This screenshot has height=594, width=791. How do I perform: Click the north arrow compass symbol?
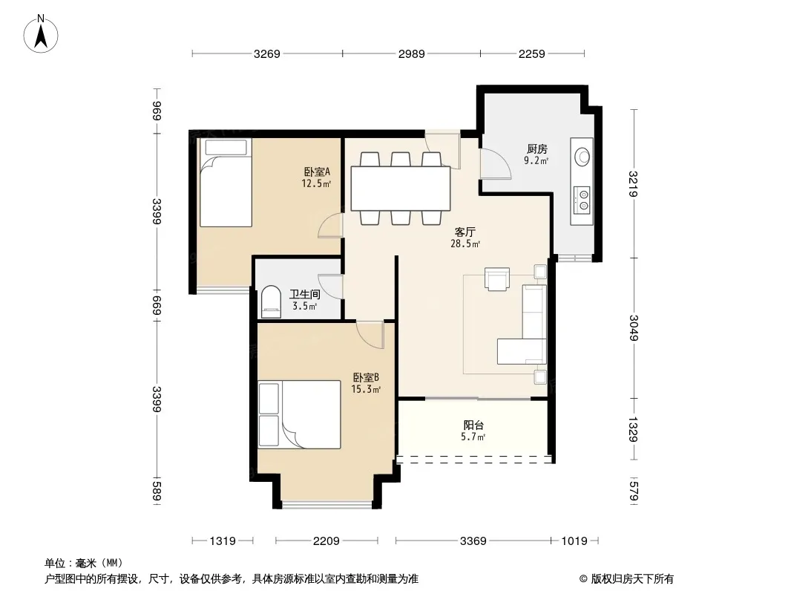(41, 33)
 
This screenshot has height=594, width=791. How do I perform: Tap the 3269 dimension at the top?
(267, 53)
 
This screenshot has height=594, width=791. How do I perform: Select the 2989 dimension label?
(412, 53)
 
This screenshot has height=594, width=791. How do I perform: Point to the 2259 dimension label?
(532, 53)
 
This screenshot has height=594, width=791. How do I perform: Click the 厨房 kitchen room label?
(536, 149)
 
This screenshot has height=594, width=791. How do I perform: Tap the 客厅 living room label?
(465, 232)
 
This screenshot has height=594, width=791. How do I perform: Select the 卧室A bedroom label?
(317, 172)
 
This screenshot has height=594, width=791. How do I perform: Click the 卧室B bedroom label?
(366, 377)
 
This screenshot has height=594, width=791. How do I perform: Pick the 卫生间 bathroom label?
(305, 294)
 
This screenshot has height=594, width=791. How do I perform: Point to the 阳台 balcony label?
(473, 425)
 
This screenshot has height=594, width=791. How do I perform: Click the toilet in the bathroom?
(271, 301)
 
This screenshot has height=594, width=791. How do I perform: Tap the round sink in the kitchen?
(582, 157)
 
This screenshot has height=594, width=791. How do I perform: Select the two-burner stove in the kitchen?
(583, 199)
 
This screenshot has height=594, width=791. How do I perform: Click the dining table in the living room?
(401, 189)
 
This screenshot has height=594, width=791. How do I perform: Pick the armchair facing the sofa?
(497, 279)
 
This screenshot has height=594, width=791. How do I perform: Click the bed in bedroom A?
(226, 183)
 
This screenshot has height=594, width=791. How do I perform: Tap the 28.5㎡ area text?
(465, 244)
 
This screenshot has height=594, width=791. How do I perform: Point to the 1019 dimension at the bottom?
(574, 541)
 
